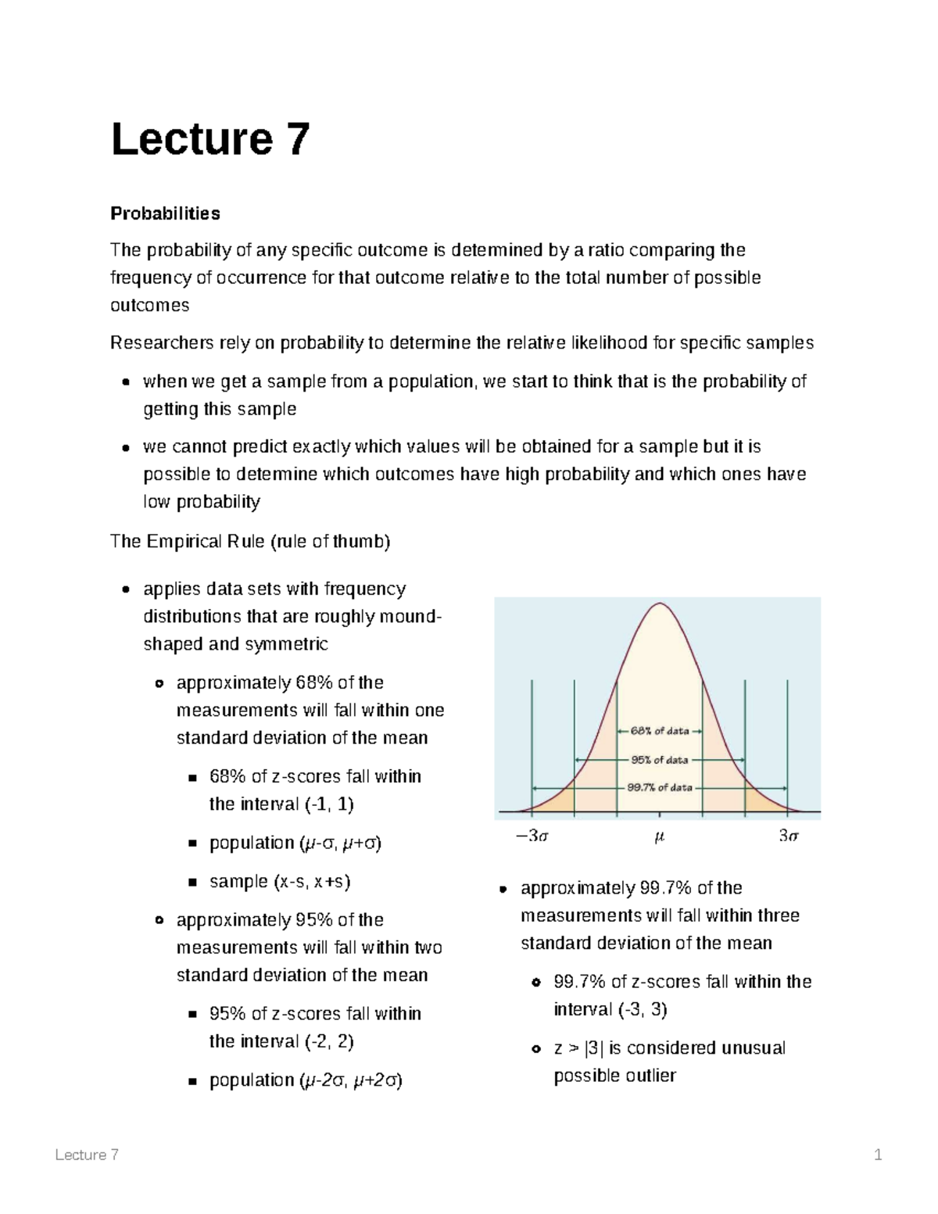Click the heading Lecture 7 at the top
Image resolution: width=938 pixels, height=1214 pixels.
pyautogui.click(x=210, y=139)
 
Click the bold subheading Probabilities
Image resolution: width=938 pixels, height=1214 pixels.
pyautogui.click(x=165, y=213)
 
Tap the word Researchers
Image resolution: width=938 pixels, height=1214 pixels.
pyautogui.click(x=161, y=343)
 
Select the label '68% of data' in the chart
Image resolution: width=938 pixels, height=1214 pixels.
pyautogui.click(x=660, y=731)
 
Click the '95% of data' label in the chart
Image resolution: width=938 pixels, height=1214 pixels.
pyautogui.click(x=660, y=760)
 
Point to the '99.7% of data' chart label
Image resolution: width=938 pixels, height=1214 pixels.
pyautogui.click(x=660, y=788)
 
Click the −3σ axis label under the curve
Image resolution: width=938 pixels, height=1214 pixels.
pyautogui.click(x=532, y=836)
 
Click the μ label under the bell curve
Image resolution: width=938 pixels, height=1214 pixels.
pyautogui.click(x=659, y=837)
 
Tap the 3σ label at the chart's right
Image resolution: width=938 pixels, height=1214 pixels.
pyautogui.click(x=788, y=836)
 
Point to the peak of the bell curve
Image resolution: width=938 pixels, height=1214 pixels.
pyautogui.click(x=661, y=604)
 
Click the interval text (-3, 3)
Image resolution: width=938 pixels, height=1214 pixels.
pyautogui.click(x=642, y=1009)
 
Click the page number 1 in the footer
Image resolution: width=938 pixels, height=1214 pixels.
pyautogui.click(x=878, y=1155)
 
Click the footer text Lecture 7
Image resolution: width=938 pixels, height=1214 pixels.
pyautogui.click(x=87, y=1155)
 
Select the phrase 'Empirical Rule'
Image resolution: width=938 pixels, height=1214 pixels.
pyautogui.click(x=205, y=542)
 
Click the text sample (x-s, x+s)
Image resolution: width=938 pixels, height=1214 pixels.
pyautogui.click(x=280, y=882)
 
